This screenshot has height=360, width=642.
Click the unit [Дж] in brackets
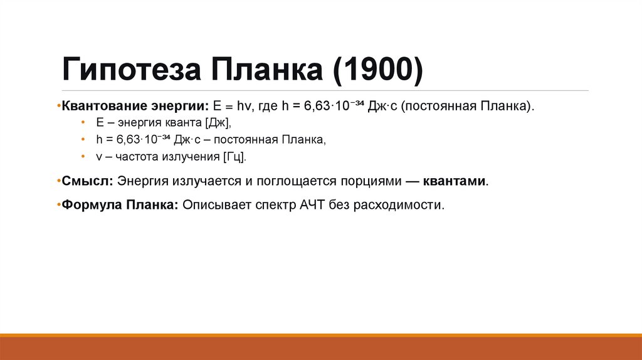coord(217,123)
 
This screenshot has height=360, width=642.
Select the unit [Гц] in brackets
coord(235,157)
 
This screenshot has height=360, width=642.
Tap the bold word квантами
coord(455,181)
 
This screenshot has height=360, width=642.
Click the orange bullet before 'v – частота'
coord(82,157)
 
